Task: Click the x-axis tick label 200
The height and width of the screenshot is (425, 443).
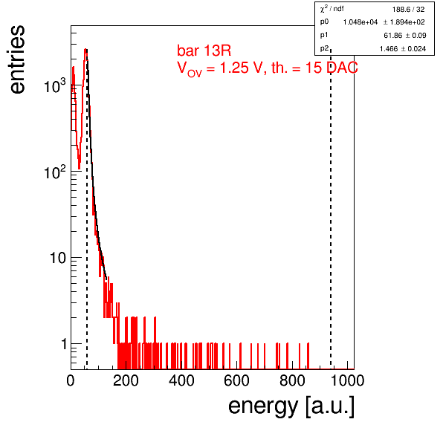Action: pos(126,380)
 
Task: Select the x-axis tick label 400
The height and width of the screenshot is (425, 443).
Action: pos(181,380)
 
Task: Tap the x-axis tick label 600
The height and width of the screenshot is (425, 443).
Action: pos(237,380)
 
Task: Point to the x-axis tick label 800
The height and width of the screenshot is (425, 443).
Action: pos(292,380)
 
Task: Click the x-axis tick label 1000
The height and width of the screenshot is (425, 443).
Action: pos(347,380)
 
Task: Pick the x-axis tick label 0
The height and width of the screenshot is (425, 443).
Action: pos(71,380)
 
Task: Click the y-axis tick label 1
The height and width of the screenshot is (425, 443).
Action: pos(64,344)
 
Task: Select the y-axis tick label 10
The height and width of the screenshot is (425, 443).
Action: pos(58,258)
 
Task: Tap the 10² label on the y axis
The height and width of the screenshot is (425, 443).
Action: pos(55,172)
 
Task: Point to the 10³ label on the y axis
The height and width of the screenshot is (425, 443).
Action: pos(55,85)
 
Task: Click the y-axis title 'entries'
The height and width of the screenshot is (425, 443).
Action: pos(18,59)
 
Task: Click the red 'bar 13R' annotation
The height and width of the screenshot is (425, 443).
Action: pos(204,51)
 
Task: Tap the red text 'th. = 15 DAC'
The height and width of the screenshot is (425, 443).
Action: pos(314,68)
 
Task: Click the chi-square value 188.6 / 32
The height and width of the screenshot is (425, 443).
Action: pos(408,10)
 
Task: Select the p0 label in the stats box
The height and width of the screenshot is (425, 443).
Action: pos(324,22)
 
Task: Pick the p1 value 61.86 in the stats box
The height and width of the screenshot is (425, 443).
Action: pos(392,36)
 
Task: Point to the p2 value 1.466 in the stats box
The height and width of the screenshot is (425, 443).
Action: pos(389,49)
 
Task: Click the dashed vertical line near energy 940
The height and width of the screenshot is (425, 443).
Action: pos(331,209)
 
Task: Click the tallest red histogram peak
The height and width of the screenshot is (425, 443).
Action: pos(85,51)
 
